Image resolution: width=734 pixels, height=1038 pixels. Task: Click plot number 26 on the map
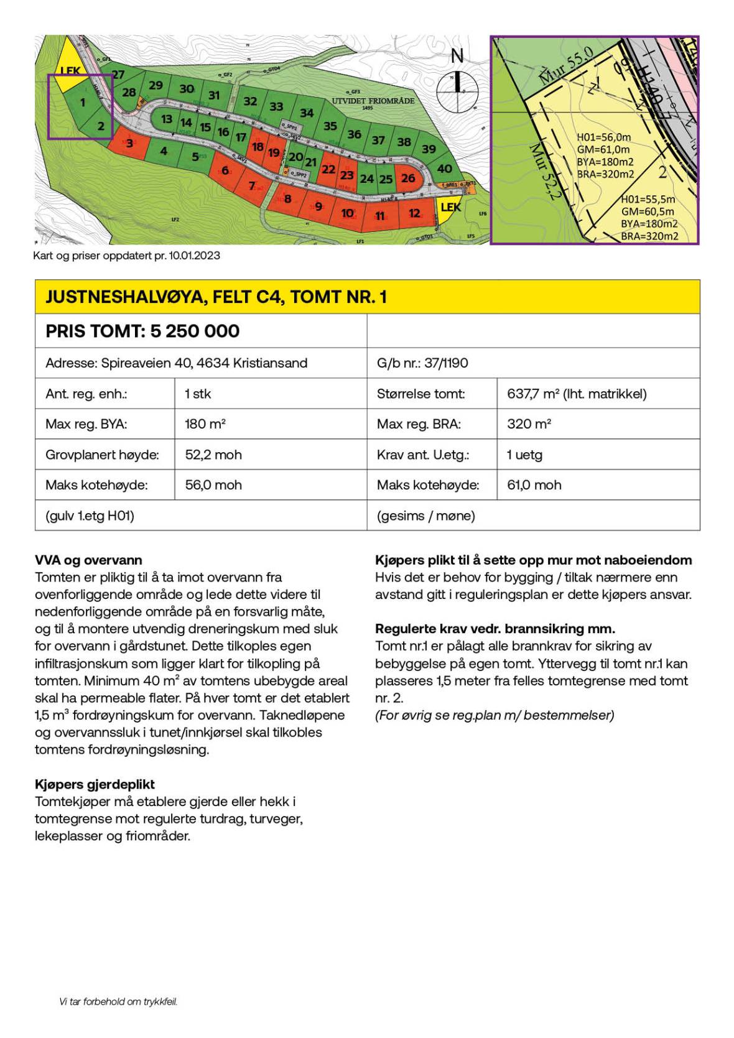pos(408,178)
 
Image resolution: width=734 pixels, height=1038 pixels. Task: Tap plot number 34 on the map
pos(307,113)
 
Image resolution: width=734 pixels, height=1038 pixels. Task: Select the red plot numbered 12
pos(414,213)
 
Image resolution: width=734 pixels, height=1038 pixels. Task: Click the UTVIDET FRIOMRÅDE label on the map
pos(373,101)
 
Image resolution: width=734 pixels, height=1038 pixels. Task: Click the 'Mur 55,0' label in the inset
pos(566,66)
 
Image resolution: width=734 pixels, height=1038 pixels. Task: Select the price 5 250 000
pos(194,331)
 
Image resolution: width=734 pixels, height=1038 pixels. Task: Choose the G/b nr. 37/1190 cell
pos(422,363)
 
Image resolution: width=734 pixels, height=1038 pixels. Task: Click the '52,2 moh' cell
pos(213,455)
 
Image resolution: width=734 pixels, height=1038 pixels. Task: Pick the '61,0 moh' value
pos(534,485)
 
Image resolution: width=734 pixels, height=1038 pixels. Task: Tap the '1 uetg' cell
pos(524,455)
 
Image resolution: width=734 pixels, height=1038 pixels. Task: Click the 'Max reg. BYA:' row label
pos(86,424)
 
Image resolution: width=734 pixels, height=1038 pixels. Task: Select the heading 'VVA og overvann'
pos(88,560)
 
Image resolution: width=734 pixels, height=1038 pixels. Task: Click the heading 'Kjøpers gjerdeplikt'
pos(95,784)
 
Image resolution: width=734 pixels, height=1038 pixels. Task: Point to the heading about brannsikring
pos(495,629)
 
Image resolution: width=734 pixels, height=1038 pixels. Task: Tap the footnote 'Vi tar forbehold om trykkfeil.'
pos(118,1001)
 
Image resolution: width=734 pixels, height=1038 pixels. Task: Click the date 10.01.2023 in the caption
pos(194,256)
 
